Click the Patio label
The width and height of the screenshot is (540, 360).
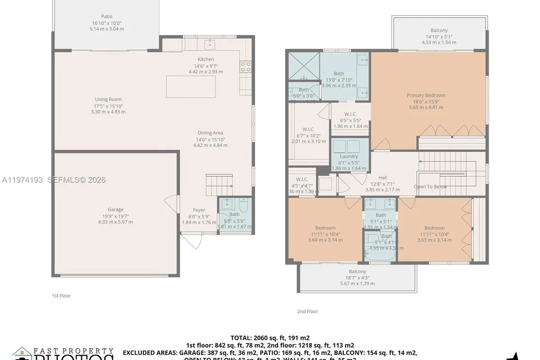[x=107, y=16]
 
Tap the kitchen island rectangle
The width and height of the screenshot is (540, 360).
[x=190, y=86]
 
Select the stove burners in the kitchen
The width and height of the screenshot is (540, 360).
[x=246, y=67]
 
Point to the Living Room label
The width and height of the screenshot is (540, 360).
[x=108, y=99]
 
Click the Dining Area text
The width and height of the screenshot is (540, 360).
[x=210, y=133]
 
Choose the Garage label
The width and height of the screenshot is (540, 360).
[x=115, y=209]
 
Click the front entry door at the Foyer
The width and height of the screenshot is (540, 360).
[x=191, y=241]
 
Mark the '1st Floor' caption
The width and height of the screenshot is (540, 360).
[x=61, y=296]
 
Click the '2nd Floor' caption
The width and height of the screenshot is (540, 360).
[x=307, y=311]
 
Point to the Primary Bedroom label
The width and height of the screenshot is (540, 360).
[x=426, y=95]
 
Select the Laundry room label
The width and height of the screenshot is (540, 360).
[x=349, y=156]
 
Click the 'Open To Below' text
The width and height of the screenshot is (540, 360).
[x=430, y=186]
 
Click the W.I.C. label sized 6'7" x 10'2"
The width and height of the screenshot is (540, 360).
[x=308, y=129]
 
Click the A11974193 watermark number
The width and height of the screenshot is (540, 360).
[x=22, y=180]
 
